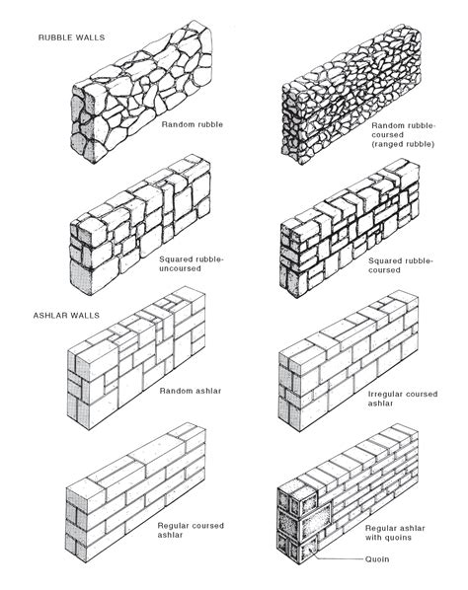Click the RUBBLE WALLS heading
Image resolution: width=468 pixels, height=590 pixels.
coord(71,37)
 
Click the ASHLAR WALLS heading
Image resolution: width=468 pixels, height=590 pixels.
coord(66,316)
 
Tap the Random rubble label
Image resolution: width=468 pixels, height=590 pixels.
coord(193,124)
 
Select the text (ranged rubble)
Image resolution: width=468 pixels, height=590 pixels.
coord(403,144)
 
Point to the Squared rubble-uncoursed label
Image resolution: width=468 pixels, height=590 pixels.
coord(192,264)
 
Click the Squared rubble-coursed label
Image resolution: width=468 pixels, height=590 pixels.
coord(401,265)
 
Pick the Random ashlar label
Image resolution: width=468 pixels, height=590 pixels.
coord(191,391)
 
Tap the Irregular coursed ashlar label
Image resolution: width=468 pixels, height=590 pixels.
coord(403,399)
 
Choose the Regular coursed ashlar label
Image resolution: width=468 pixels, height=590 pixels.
coord(191,530)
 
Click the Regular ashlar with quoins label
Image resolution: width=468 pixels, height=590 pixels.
coord(395,533)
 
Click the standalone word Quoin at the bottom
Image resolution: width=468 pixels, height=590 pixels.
coord(377,559)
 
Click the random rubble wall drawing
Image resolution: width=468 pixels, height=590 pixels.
coord(141,92)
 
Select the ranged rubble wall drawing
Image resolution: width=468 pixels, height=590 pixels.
coord(351,94)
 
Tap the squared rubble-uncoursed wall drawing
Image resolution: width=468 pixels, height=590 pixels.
coord(140,225)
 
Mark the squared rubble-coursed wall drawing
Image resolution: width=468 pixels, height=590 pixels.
coord(350,228)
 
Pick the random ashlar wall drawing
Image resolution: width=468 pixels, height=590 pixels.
coord(136,358)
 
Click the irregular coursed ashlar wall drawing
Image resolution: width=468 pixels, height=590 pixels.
coord(349,361)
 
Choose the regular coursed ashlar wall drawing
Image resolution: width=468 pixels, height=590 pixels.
coord(136,492)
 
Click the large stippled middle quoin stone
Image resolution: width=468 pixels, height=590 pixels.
coord(316,517)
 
